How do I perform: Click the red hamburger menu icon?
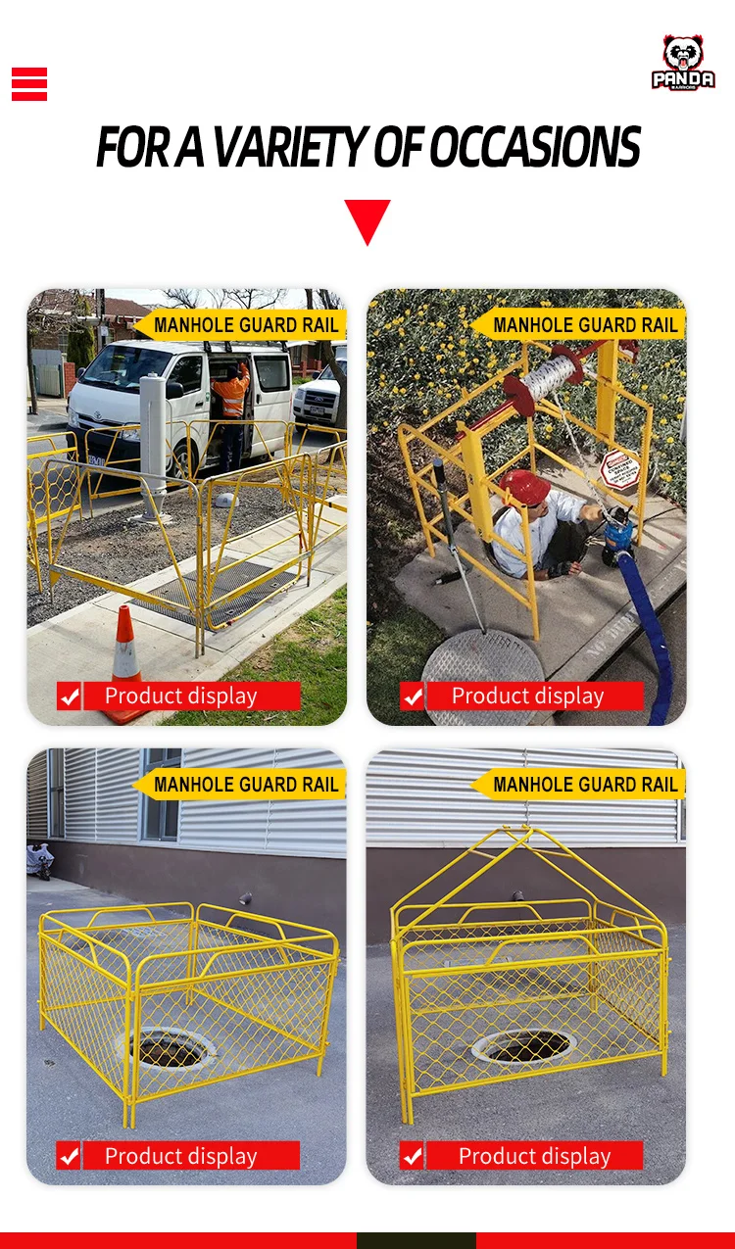coord(29,84)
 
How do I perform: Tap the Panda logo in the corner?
coord(683,64)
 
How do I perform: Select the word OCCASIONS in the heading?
coord(534,148)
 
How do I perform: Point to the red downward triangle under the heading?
coord(367,220)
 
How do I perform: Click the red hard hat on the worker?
coord(524,487)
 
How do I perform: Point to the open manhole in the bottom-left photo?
coord(170,1048)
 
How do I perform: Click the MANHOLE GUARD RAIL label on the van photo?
coord(245,325)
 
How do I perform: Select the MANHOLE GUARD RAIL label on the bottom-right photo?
coord(585,785)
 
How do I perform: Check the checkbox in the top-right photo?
coord(413,697)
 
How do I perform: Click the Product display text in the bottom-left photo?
coord(180,1156)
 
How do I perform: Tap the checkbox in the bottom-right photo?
coord(413,1156)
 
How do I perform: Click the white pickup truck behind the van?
coord(318,397)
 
